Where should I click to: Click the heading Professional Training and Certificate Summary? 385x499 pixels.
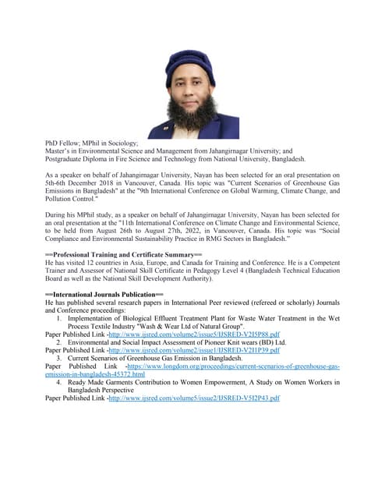click(124, 255)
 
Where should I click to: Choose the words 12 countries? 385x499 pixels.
click(108, 263)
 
